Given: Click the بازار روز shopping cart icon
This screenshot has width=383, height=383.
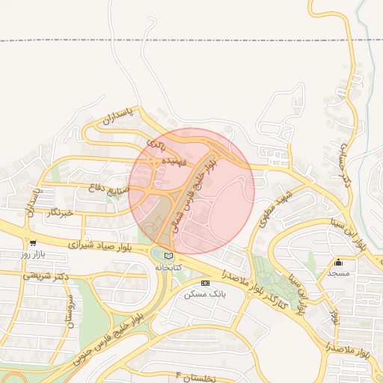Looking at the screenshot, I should pyautogui.click(x=33, y=243).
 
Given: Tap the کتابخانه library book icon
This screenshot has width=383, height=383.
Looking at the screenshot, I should pyautogui.click(x=168, y=256).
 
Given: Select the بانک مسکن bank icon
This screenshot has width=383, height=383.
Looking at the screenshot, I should pyautogui.click(x=205, y=283).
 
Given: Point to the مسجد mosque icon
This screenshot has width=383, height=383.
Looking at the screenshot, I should pyautogui.click(x=339, y=262).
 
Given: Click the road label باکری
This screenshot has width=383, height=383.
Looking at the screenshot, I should pyautogui.click(x=155, y=142).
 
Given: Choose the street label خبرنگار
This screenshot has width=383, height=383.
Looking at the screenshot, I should pyautogui.click(x=60, y=213).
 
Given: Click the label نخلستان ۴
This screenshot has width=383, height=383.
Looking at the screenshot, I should pyautogui.click(x=195, y=377).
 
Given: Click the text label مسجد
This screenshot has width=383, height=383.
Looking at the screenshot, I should pyautogui.click(x=339, y=274).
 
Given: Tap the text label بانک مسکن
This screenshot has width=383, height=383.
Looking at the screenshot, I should pyautogui.click(x=205, y=294).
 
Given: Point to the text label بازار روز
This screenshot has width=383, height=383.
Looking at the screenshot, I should pyautogui.click(x=33, y=254).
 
